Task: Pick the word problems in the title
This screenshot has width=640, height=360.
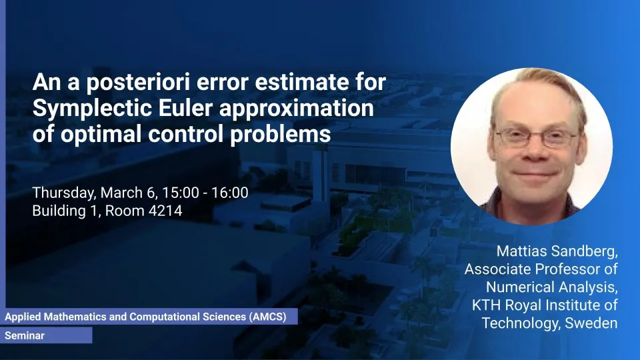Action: tap(281, 134)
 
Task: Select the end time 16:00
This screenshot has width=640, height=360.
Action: tap(230, 193)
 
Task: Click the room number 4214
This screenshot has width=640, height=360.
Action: tap(165, 211)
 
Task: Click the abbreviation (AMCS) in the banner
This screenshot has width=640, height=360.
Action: tap(268, 317)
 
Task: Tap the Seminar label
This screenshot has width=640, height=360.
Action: tap(25, 335)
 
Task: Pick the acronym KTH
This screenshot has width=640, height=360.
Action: tap(487, 305)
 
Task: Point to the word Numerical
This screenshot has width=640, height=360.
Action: tap(519, 287)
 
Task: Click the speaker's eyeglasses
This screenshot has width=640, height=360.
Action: tap(535, 137)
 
